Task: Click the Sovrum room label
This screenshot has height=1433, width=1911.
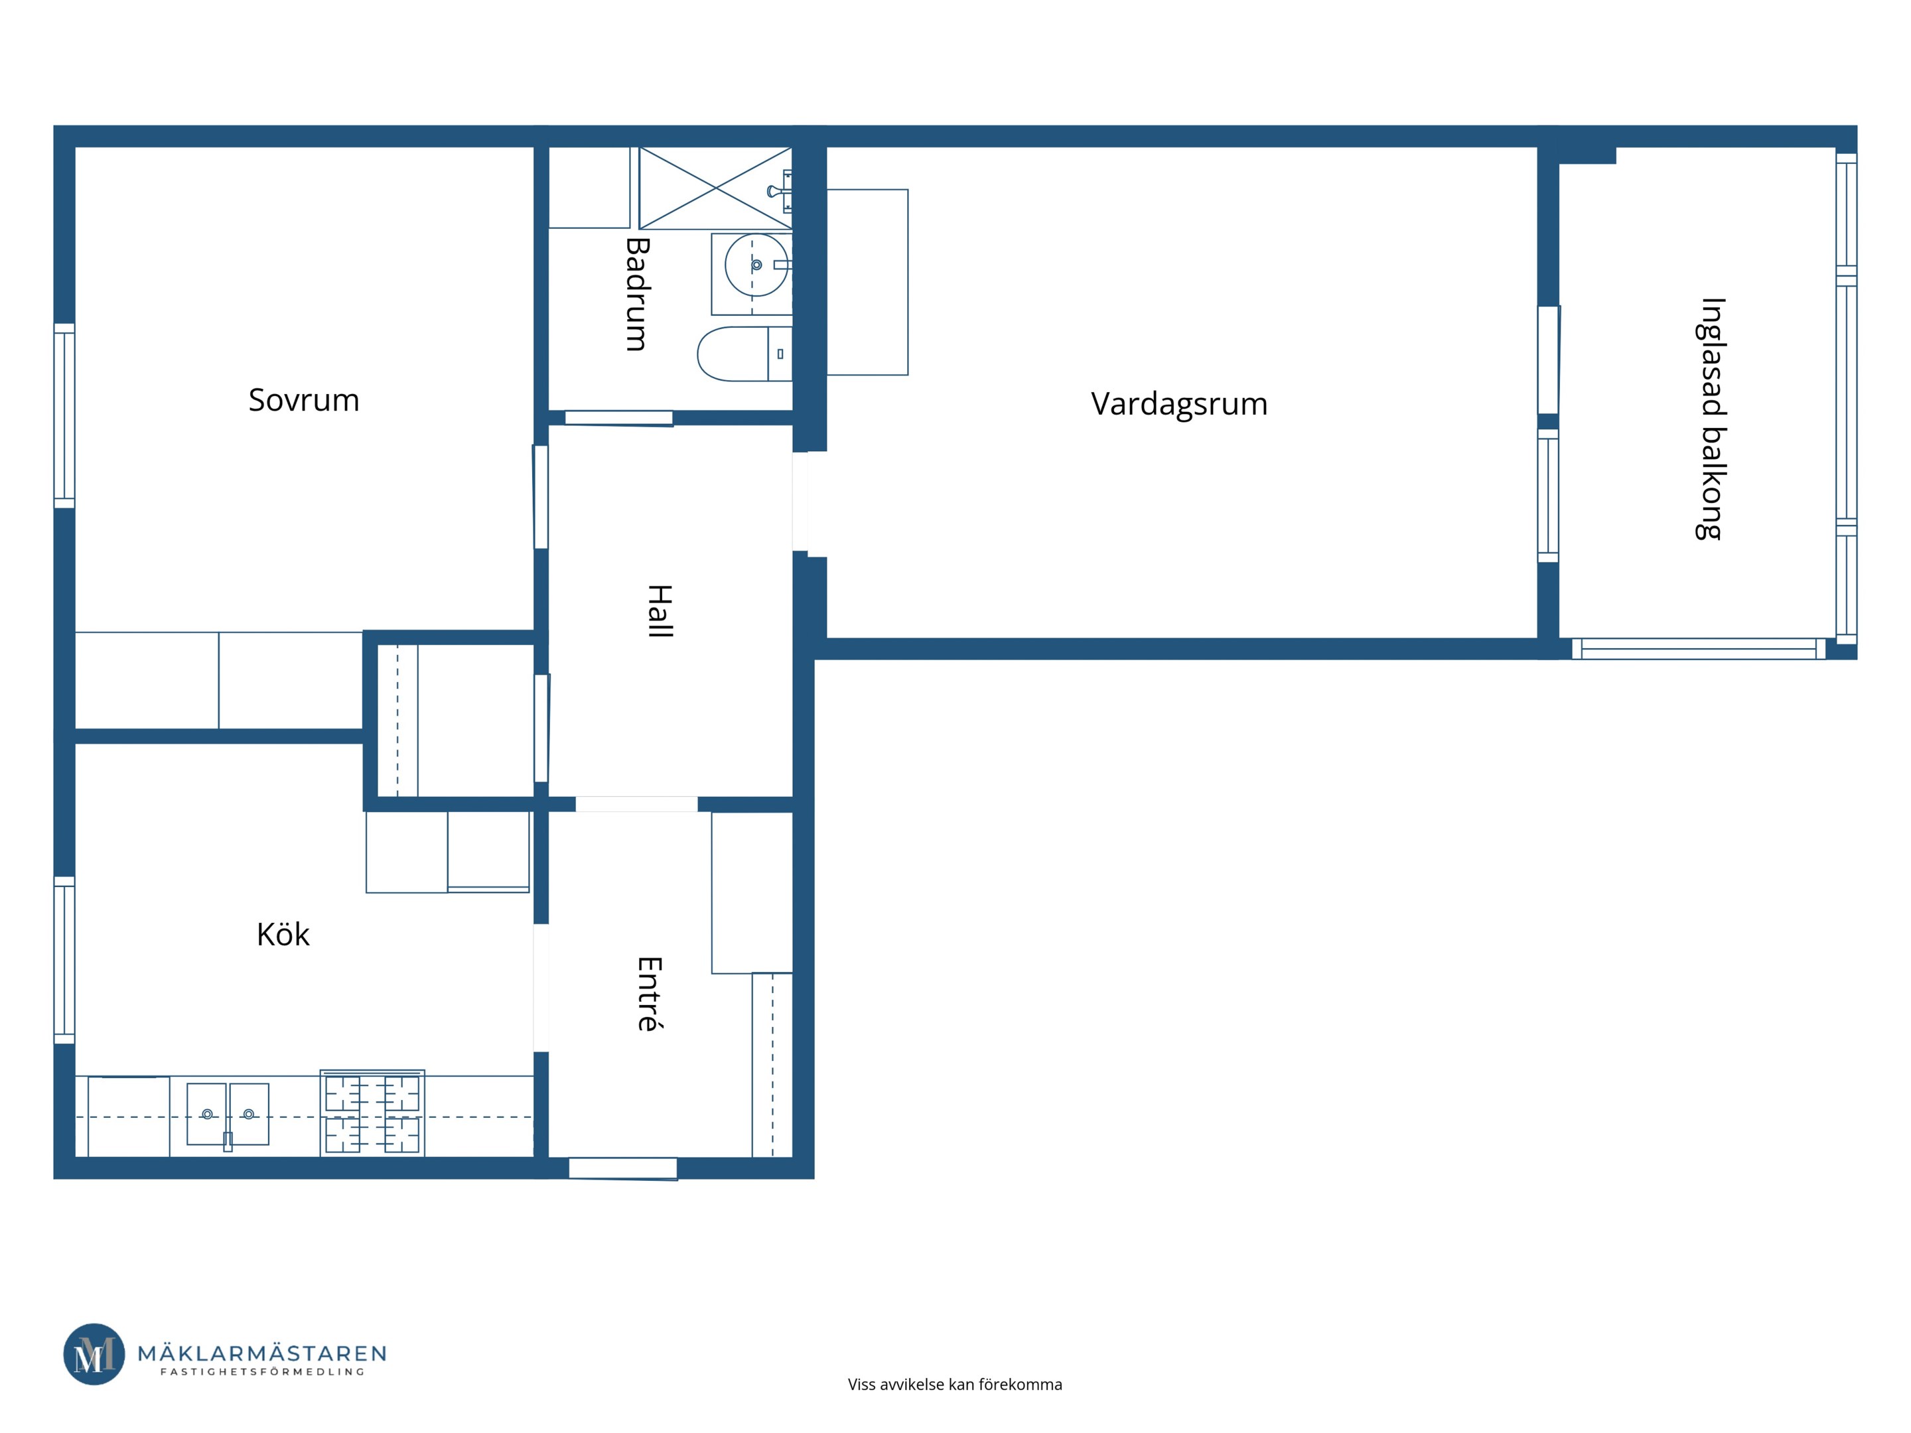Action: (303, 400)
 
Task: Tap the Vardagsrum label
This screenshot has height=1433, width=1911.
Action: (1178, 404)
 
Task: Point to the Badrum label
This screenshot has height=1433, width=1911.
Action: (637, 294)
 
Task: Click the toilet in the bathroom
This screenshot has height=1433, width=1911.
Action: (744, 354)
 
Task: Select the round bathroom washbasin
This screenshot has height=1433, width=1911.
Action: (756, 265)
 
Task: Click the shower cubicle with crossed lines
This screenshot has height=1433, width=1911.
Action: (715, 188)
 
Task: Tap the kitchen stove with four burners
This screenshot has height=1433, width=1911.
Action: (372, 1113)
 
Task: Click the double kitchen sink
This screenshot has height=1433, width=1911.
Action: (228, 1115)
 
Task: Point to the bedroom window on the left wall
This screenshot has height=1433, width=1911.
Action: (64, 415)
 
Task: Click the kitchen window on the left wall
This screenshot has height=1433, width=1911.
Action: (64, 960)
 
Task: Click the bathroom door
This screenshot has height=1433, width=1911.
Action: (618, 418)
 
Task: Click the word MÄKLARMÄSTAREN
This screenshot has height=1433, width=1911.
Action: (263, 1353)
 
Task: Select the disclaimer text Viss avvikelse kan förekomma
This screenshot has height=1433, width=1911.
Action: (955, 1385)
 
